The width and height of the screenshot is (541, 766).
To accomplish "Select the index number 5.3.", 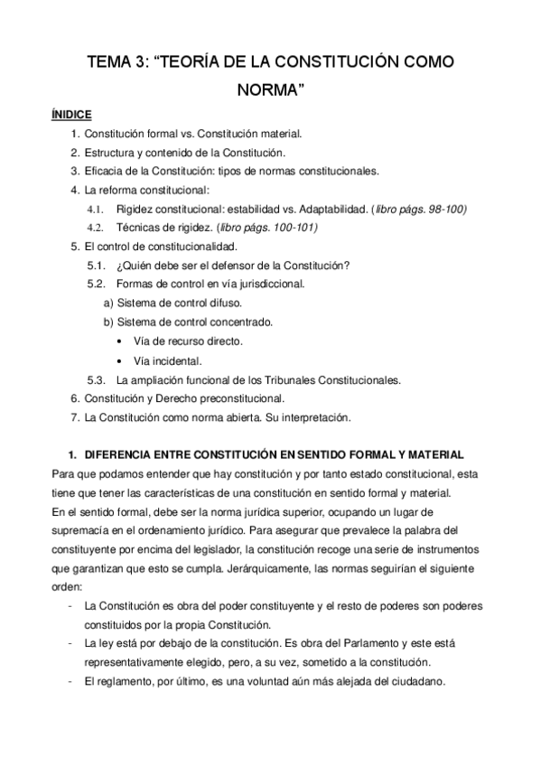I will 96,378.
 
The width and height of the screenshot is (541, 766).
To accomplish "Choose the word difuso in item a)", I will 223,303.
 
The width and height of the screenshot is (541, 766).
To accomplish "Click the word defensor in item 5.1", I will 244,265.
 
